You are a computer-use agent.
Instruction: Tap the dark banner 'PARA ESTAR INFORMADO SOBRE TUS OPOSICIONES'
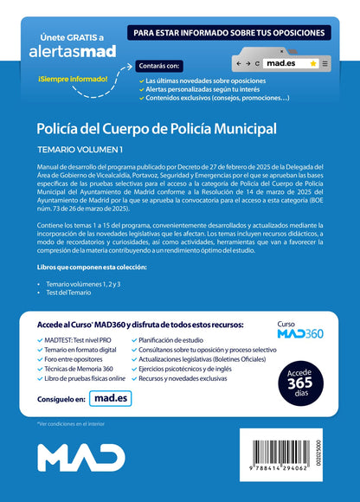click(x=229, y=33)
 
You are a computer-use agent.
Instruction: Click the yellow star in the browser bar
click(x=312, y=63)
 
